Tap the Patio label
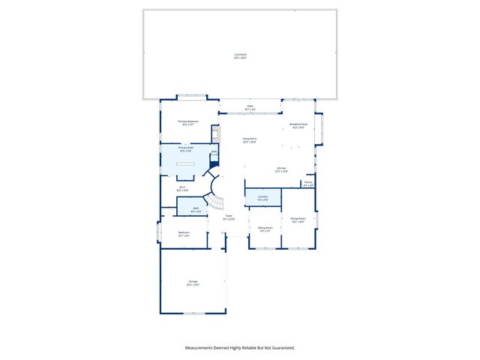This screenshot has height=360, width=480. click(x=250, y=106)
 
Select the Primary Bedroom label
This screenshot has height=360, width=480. click(x=187, y=121)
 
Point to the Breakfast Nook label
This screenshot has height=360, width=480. click(x=298, y=124)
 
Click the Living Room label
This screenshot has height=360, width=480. click(x=250, y=139)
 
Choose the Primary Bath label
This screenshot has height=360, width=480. click(x=186, y=148)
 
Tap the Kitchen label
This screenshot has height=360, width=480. click(x=281, y=169)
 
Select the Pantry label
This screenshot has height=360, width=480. click(x=308, y=182)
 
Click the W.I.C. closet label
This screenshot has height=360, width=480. click(x=182, y=188)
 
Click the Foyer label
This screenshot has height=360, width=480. click(x=229, y=218)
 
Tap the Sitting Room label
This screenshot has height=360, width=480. click(x=265, y=228)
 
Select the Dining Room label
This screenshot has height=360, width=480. click(x=297, y=219)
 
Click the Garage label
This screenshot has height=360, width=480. click(x=193, y=283)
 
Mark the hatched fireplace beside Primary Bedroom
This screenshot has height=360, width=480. click(x=215, y=134)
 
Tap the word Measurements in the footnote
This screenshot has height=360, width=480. click(x=202, y=347)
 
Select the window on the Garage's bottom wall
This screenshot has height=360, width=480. click(x=193, y=313)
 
